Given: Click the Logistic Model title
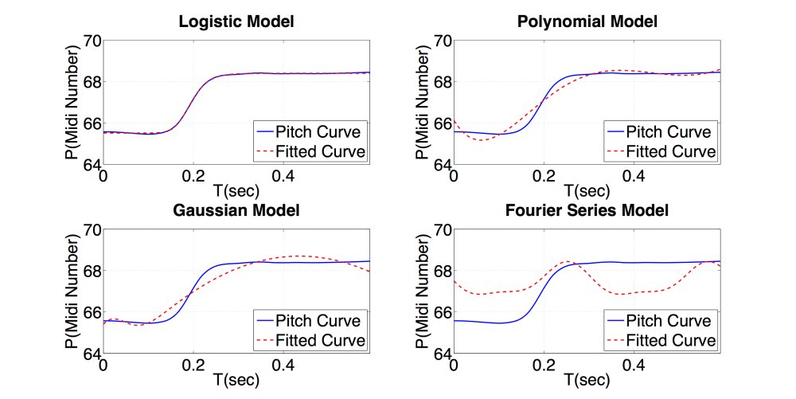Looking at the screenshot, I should [x=236, y=22].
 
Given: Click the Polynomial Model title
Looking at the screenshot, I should [x=587, y=22].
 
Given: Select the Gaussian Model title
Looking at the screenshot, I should [x=236, y=211].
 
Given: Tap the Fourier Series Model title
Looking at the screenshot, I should [x=587, y=211].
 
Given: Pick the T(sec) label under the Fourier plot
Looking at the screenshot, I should [x=587, y=381].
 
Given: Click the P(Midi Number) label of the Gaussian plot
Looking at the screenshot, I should [x=69, y=291].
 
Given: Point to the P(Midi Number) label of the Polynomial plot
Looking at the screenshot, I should [x=420, y=103].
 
